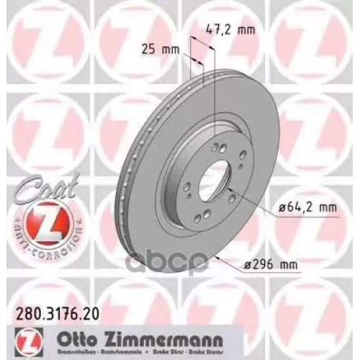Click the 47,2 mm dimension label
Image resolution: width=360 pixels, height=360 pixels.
pos(223,30)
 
